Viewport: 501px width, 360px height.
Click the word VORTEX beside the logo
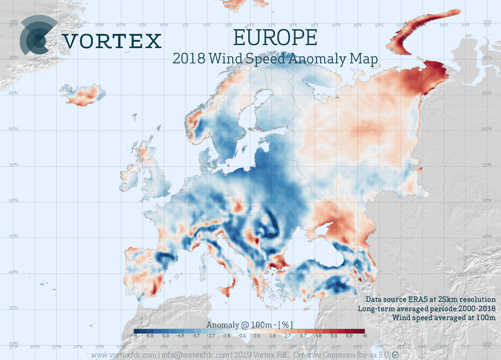pos(112,41)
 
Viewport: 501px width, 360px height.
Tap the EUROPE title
pos(275,38)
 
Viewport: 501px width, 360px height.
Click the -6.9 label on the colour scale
pos(149,336)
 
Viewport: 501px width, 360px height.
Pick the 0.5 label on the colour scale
pos(257,336)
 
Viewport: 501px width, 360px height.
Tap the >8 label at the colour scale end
pos(364,336)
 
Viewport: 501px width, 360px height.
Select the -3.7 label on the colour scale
pos(195,336)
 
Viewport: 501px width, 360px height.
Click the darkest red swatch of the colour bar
pos(360,331)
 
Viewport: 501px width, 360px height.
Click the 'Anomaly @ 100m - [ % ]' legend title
pos(249,325)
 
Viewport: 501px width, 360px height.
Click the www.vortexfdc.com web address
pos(124,355)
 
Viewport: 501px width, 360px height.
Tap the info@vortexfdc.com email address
pos(195,355)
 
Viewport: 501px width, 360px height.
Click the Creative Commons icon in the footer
pos(395,355)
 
